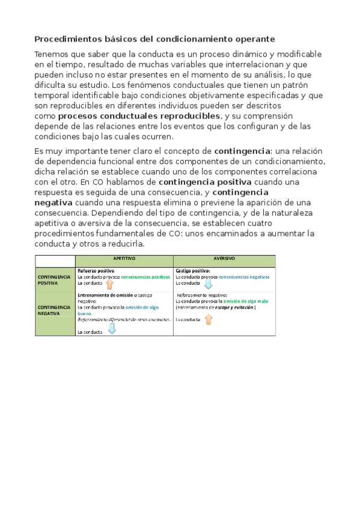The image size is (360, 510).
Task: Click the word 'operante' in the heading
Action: [x=254, y=39]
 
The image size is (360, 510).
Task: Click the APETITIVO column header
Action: [x=124, y=259]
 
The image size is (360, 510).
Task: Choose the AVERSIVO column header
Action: [x=224, y=259]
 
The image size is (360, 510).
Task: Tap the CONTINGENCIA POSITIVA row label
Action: [x=54, y=280]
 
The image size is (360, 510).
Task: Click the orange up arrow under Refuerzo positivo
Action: [x=109, y=284]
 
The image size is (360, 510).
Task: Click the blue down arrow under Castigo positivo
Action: [x=208, y=284]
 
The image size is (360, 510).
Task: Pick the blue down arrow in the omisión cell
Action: [x=111, y=330]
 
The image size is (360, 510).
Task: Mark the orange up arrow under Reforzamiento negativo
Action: [x=209, y=319]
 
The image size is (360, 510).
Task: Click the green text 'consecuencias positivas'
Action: [x=145, y=277]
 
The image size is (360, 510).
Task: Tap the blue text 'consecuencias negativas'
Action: [x=244, y=277]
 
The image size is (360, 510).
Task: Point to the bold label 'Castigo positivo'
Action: [x=192, y=271]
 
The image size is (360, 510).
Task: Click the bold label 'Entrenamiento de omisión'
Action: [x=105, y=295]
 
